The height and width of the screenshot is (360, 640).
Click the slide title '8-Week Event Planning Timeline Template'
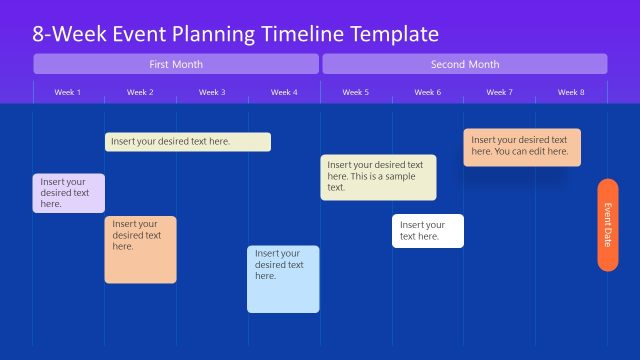tap(236, 34)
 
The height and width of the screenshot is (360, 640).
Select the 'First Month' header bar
tap(176, 64)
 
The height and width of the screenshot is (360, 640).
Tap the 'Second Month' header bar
tap(464, 64)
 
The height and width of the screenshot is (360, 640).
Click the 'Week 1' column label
tap(68, 92)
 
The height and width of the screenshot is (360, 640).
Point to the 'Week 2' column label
tap(140, 92)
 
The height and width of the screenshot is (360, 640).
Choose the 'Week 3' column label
tap(212, 92)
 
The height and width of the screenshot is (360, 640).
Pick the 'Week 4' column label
tap(284, 92)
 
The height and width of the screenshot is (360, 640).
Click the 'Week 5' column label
tap(355, 92)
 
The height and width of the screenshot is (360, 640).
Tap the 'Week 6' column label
tap(427, 92)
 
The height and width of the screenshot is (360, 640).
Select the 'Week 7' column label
tap(499, 92)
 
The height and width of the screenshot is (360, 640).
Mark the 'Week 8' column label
tap(571, 92)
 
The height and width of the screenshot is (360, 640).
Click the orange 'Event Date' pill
tap(607, 224)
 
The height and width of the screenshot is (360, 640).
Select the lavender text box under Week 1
tap(68, 193)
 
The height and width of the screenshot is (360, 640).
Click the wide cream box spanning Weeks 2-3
tap(187, 142)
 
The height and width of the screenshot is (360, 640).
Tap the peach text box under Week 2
tap(140, 249)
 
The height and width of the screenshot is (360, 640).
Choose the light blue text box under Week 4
tap(283, 279)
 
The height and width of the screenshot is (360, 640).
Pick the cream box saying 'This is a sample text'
tap(378, 177)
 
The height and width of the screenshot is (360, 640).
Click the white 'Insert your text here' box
tap(427, 231)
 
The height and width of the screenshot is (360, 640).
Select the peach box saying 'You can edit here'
tap(521, 147)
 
